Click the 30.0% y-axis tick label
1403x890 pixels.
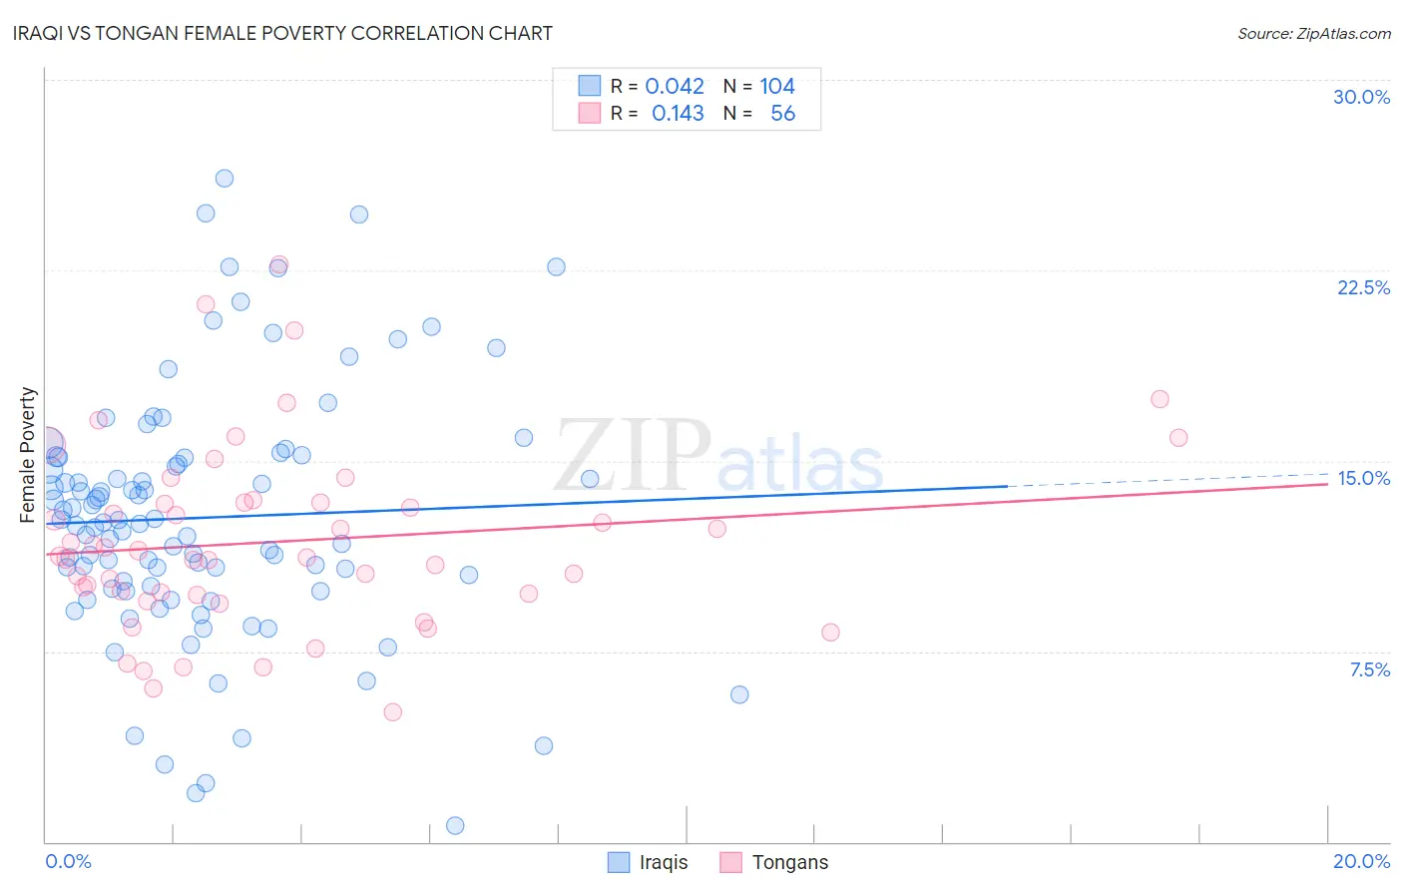pyautogui.click(x=1361, y=97)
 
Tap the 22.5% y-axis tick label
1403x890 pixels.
pyautogui.click(x=1363, y=287)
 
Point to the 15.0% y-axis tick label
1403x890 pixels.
pyautogui.click(x=1363, y=478)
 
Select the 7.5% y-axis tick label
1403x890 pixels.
pyautogui.click(x=1369, y=669)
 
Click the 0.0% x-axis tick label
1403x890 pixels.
pyautogui.click(x=68, y=861)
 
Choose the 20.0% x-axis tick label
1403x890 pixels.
pyautogui.click(x=1361, y=861)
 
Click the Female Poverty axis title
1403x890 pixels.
pyautogui.click(x=28, y=455)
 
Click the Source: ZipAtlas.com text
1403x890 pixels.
pyautogui.click(x=1313, y=33)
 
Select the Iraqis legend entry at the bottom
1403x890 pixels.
pyautogui.click(x=649, y=862)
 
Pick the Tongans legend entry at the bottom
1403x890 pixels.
pyautogui.click(x=774, y=862)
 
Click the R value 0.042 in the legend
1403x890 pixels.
pyautogui.click(x=675, y=86)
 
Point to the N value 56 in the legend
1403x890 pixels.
pyautogui.click(x=782, y=114)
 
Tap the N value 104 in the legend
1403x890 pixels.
pyautogui.click(x=776, y=86)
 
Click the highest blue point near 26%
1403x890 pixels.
pyautogui.click(x=225, y=179)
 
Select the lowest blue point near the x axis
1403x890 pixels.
pyautogui.click(x=455, y=825)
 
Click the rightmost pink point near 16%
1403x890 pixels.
pyautogui.click(x=1178, y=437)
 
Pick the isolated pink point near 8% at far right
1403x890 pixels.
pyautogui.click(x=830, y=632)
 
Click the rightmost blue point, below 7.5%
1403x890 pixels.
pyautogui.click(x=739, y=694)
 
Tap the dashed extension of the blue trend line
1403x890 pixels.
pyautogui.click(x=1168, y=480)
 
